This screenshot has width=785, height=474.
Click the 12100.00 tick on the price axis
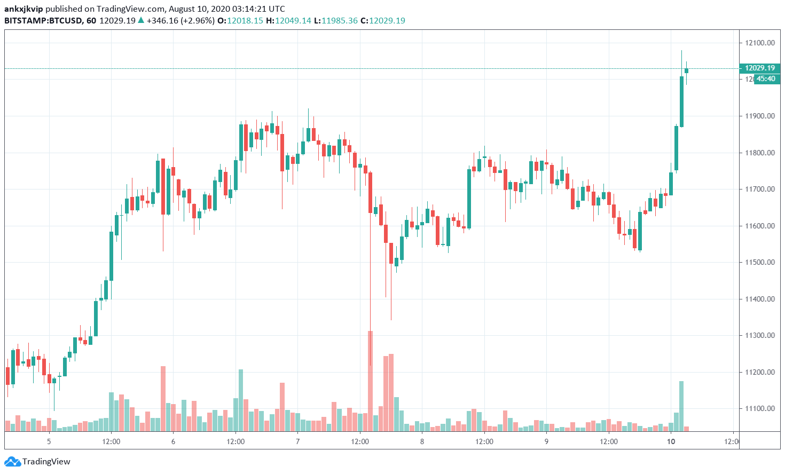759,43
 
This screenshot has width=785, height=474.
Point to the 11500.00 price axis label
759,263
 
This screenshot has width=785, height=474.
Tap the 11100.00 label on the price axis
759,409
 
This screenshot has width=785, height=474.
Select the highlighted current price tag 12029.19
759,68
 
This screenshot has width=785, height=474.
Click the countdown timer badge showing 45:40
766,79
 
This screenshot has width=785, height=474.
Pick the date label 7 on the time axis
297,441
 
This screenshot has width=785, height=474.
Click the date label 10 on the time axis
671,441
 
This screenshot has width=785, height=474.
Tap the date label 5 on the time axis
49,441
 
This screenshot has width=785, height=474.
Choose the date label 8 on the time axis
422,441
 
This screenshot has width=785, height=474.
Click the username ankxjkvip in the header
23,9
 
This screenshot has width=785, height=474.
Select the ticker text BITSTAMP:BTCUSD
43,21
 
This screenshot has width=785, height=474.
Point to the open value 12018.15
245,21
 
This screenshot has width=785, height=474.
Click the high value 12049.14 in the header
293,21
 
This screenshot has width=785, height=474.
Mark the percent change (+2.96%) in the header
198,21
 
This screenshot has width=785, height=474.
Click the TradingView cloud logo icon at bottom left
12,462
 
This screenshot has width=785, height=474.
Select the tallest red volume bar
370,381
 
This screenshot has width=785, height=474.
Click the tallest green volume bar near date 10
681,406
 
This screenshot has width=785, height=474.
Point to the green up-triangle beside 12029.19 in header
141,20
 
